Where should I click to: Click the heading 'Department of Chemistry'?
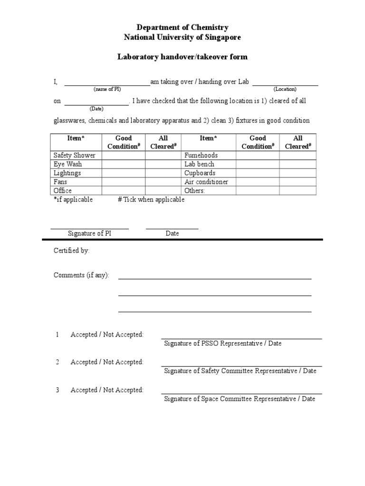182,28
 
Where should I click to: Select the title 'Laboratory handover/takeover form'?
182,57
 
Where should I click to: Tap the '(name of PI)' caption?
107,89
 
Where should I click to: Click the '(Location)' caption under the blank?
285,89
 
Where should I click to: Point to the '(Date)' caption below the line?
96,109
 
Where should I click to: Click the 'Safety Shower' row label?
75,155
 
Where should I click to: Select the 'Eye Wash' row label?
68,164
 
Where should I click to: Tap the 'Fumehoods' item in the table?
201,155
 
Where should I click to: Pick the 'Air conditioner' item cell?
206,182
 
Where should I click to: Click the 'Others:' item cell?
195,191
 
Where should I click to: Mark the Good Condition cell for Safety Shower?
124,155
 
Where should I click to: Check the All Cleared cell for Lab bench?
298,164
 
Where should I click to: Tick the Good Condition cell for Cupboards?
258,173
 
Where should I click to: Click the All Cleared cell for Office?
163,191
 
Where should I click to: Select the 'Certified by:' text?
71,251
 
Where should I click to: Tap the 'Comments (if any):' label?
81,275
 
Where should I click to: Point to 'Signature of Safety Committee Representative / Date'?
240,371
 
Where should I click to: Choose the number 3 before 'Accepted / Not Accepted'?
58,390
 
